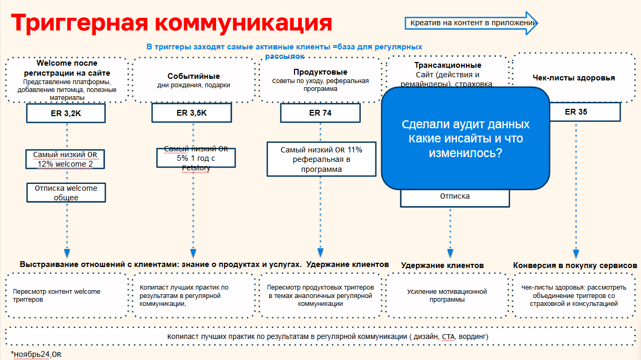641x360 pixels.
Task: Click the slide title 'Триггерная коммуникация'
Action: click(x=171, y=24)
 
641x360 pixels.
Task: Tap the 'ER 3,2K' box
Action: click(x=66, y=112)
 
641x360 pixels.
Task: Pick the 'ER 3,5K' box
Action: click(x=191, y=112)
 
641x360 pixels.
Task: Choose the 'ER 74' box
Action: click(x=320, y=112)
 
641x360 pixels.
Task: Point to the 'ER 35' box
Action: click(x=576, y=111)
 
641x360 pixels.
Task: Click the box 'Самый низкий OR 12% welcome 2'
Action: click(x=66, y=159)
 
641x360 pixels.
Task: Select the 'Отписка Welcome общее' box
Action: click(x=66, y=192)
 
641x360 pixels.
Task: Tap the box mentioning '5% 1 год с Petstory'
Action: click(x=196, y=158)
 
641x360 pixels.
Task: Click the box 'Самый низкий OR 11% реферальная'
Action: click(x=321, y=159)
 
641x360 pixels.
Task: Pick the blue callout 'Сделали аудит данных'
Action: click(x=465, y=139)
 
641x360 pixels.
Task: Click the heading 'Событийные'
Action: click(x=194, y=76)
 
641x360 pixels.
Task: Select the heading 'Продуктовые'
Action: click(x=320, y=72)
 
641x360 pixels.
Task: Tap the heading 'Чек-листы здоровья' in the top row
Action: click(x=573, y=78)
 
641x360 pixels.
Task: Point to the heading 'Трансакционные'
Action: click(x=447, y=65)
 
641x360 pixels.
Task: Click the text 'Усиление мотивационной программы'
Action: click(x=447, y=295)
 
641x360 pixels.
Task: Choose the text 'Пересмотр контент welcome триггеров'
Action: click(x=56, y=295)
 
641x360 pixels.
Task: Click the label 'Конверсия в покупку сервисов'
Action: click(x=575, y=265)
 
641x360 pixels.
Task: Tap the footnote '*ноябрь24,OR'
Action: click(x=36, y=354)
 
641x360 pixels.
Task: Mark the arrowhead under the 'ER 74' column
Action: click(x=320, y=253)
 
